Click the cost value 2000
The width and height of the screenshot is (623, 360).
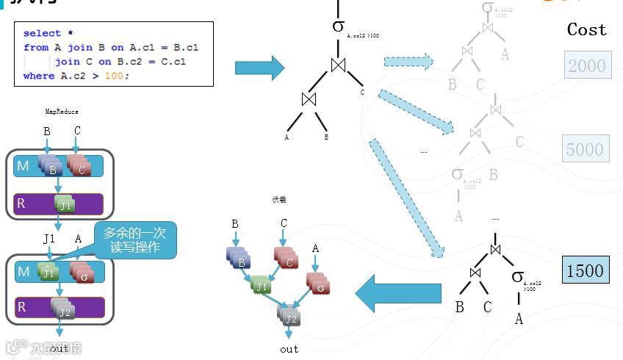[x=587, y=66]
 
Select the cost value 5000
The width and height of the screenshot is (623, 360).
[x=585, y=150]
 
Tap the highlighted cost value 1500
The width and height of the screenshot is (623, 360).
[x=585, y=270]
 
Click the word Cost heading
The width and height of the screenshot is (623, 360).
[x=586, y=30]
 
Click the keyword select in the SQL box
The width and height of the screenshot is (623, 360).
[x=42, y=33]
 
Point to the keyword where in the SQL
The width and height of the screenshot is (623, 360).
[x=38, y=76]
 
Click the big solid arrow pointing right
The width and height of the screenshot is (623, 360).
[x=259, y=68]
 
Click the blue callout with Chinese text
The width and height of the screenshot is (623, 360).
[x=135, y=240]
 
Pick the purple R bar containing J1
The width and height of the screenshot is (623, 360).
[x=59, y=204]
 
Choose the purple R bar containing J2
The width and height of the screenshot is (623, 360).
[x=59, y=308]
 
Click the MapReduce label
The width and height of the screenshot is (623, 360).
[x=62, y=112]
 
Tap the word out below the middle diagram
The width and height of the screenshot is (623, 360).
[x=289, y=349]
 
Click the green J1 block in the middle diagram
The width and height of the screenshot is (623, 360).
[x=261, y=285]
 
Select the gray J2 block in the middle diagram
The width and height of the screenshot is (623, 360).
[x=290, y=317]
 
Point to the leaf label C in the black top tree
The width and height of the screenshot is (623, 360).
[x=362, y=93]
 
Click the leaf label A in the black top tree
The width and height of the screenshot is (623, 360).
[x=287, y=137]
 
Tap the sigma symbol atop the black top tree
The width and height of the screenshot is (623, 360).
[x=338, y=26]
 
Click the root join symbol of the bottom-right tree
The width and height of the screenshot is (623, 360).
[x=495, y=249]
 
